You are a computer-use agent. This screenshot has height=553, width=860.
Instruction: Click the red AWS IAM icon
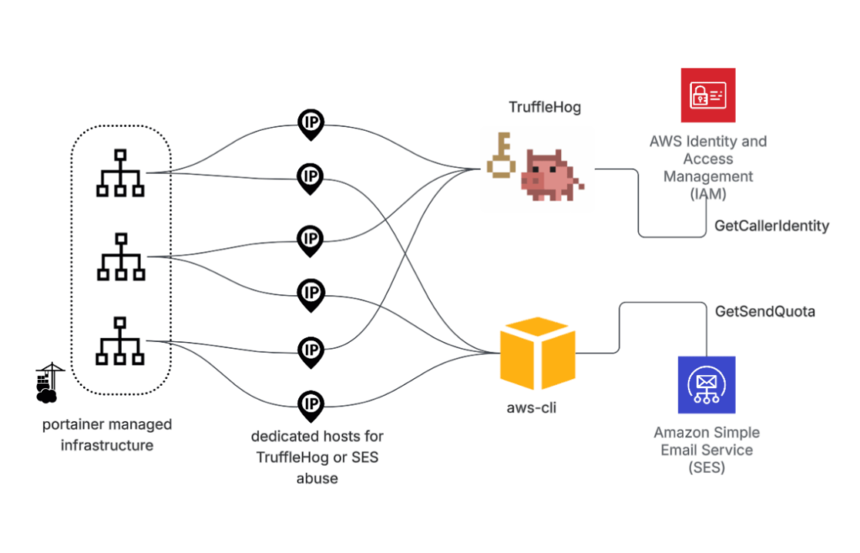click(708, 95)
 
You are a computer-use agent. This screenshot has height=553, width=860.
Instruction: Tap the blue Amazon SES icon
click(706, 384)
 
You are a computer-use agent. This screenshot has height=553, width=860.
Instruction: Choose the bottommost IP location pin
click(311, 407)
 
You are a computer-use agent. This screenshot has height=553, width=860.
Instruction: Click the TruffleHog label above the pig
click(545, 107)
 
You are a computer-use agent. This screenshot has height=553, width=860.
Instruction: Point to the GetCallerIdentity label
click(771, 226)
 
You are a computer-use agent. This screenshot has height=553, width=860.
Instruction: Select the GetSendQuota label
click(764, 312)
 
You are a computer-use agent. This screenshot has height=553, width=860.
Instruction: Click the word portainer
click(75, 424)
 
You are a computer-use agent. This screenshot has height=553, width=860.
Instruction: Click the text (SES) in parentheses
click(705, 467)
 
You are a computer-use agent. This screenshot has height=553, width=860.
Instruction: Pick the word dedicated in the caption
click(283, 437)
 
